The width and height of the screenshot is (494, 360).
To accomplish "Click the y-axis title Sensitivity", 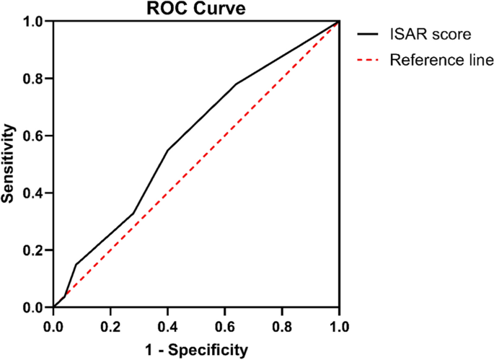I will (x=9, y=164).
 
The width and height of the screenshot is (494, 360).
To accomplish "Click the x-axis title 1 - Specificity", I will (x=196, y=350).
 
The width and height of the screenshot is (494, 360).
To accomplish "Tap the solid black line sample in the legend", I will (x=370, y=33).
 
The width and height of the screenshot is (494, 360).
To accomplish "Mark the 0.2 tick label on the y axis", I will (x=35, y=250).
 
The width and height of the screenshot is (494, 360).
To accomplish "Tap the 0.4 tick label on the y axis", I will (x=35, y=193).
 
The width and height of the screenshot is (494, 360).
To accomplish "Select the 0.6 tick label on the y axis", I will (x=35, y=136).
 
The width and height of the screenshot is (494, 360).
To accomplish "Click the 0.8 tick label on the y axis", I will (x=35, y=79).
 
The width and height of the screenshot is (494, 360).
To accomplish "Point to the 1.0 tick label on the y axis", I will (x=35, y=22).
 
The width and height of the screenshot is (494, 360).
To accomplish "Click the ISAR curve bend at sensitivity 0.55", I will (x=167, y=150).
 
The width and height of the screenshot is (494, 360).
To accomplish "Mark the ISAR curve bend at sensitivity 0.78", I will (x=236, y=84).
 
